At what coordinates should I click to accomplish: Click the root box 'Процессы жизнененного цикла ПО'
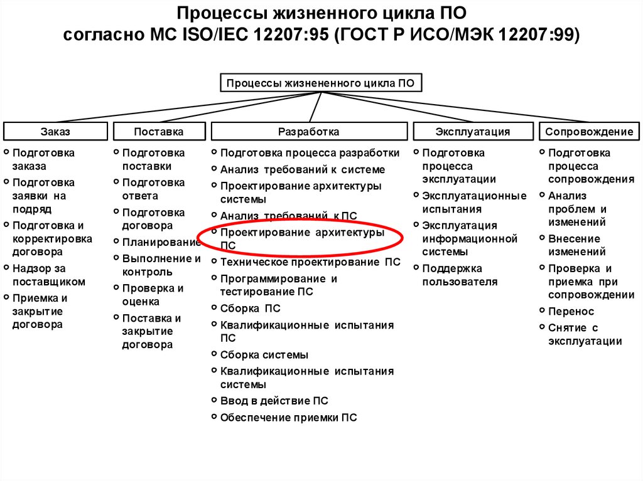[321, 83]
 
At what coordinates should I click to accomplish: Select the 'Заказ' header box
[55, 132]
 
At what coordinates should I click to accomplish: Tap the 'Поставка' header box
[159, 132]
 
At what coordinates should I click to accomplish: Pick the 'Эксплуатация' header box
[473, 132]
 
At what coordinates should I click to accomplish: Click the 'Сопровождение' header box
[589, 132]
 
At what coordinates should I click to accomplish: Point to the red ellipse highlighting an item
[300, 238]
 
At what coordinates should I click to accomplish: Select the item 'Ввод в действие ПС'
[274, 401]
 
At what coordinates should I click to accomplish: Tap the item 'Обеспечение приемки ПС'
[288, 418]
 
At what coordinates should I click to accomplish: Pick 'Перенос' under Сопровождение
[571, 312]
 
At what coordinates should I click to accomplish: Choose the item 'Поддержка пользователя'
[460, 275]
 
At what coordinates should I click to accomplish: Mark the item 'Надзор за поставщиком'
[48, 275]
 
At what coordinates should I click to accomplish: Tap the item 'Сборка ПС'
[250, 309]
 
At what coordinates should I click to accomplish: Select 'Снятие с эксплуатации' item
[585, 334]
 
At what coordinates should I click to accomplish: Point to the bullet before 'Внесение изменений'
[542, 238]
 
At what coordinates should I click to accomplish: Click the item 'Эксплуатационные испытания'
[474, 203]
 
